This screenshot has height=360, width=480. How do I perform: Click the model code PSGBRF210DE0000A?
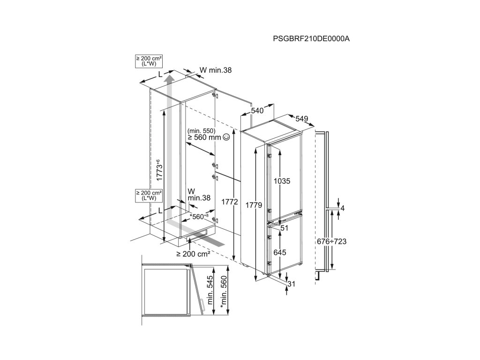tap(311, 39)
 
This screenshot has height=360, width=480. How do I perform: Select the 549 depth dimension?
tap(301, 119)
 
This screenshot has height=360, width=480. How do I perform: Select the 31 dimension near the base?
tap(292, 284)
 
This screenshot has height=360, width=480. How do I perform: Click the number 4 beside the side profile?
tap(343, 208)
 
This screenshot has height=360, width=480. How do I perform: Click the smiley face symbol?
tap(226, 137)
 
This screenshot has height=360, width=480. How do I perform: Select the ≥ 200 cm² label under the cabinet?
tap(193, 254)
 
